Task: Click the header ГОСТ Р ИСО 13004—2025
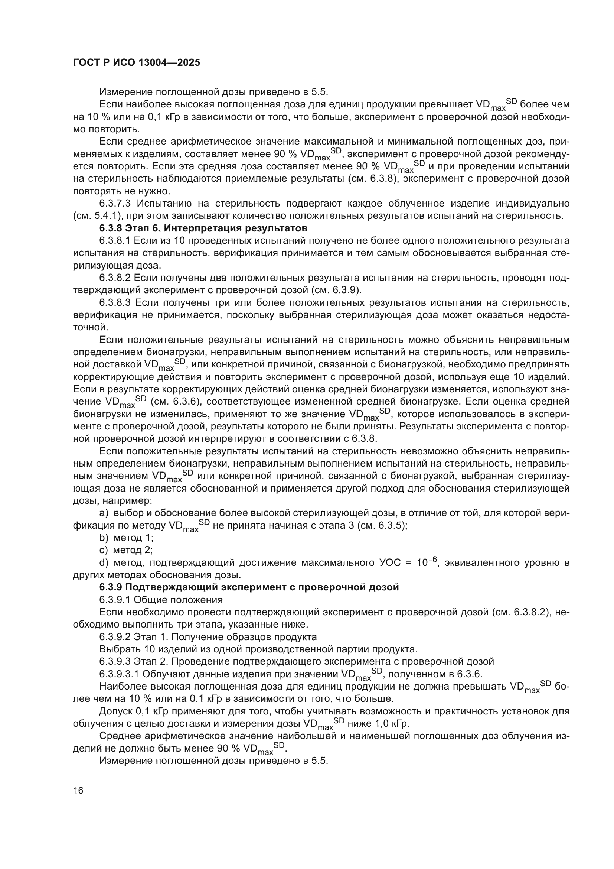(136, 62)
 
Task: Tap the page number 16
(78, 791)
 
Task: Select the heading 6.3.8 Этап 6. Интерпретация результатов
(203, 228)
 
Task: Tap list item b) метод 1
(126, 538)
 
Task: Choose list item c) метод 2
(126, 549)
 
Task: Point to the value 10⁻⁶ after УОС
(427, 562)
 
